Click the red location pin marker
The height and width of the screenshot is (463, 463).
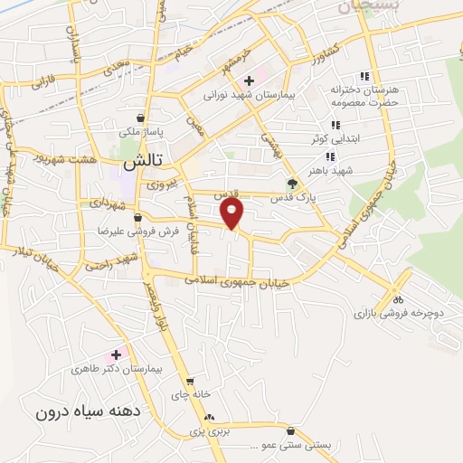pos(233,213)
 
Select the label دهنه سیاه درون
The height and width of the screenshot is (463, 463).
pos(89,412)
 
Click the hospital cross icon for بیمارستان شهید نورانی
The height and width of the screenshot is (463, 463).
pos(249,82)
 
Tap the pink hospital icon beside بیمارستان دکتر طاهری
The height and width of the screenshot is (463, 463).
pos(116,354)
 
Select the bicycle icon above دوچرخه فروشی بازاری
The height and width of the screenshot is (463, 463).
pos(399,300)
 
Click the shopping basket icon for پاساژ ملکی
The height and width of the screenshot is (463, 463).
pos(140,117)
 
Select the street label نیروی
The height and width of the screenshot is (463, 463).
pos(159,184)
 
